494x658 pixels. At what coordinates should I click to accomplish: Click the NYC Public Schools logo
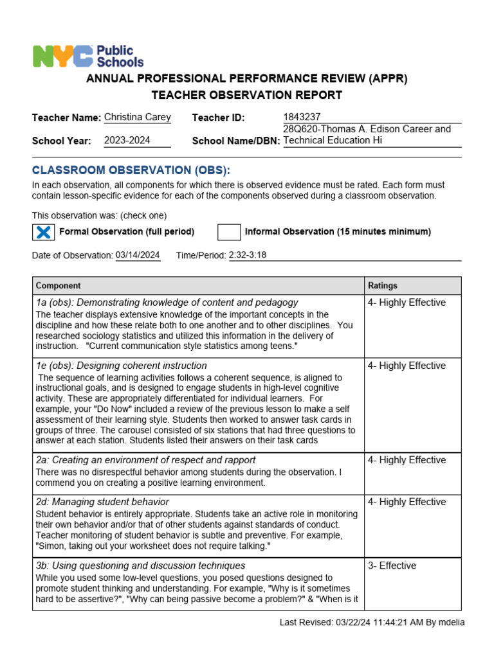pos(88,57)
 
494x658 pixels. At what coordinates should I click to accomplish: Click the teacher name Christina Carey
pos(137,117)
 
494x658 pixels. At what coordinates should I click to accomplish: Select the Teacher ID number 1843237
pos(302,117)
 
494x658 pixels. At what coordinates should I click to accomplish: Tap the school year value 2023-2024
pos(127,140)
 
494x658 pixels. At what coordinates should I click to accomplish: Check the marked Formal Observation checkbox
pos(43,232)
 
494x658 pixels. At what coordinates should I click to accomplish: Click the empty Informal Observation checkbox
pos(228,232)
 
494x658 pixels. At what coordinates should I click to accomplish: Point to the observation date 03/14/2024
pos(138,255)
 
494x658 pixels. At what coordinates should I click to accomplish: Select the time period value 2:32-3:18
pos(248,255)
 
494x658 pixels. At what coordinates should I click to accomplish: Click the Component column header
pos(59,285)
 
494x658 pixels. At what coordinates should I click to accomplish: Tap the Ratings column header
pos(383,285)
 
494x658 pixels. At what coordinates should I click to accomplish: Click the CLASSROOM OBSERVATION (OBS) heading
pos(131,170)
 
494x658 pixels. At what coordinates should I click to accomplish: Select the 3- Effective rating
pos(392,566)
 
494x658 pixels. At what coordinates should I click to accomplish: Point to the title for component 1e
pos(121,366)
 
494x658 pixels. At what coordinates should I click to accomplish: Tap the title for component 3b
pos(140,566)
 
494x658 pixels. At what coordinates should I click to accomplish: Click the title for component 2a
pos(145,460)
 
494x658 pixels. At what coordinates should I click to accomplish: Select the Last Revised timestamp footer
pos(372,622)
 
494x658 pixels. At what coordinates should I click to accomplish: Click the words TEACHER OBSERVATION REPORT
pos(247,96)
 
